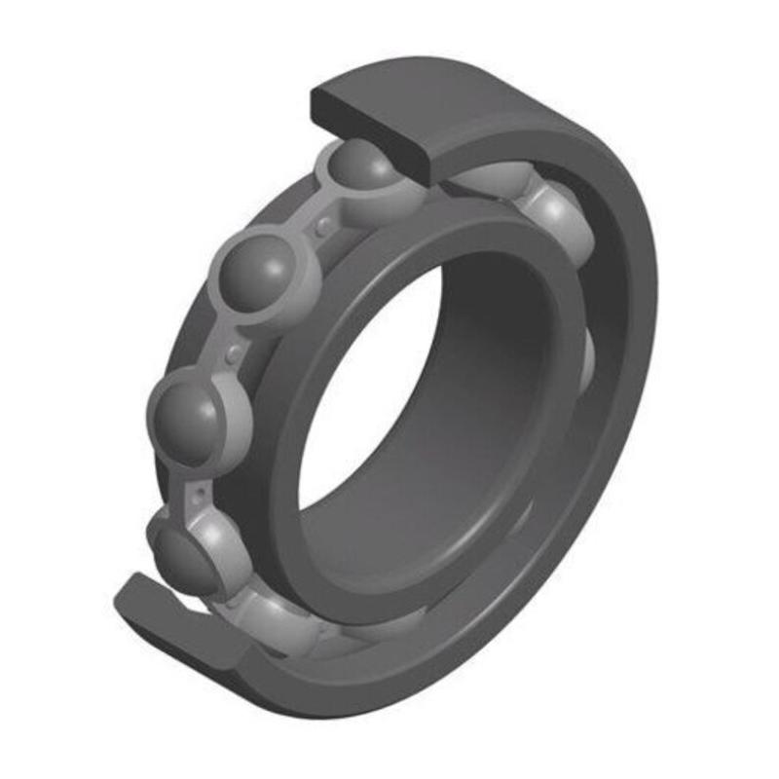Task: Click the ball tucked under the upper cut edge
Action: click(x=362, y=167)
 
